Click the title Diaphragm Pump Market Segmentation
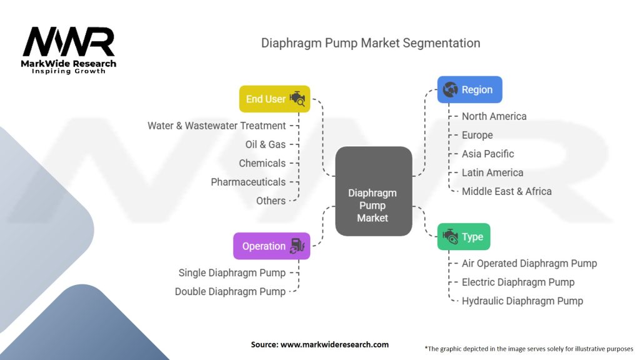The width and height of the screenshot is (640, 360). [371, 43]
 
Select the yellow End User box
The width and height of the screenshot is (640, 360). [274, 99]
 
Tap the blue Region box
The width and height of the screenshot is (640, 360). [469, 90]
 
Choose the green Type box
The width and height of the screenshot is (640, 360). [464, 237]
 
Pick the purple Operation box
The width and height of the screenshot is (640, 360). [271, 246]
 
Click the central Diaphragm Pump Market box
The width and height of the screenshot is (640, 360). [373, 191]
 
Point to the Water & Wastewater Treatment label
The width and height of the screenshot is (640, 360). [216, 126]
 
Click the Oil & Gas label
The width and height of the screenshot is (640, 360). [265, 144]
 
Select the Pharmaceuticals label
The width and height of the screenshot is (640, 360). [247, 182]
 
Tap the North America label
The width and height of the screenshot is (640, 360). [494, 116]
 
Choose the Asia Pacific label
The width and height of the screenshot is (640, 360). [487, 154]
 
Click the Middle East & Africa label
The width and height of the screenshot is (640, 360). [506, 191]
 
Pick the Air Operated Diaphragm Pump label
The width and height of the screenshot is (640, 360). [529, 263]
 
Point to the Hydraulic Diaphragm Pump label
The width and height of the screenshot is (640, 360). [522, 301]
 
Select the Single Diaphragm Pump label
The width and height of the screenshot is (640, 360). [232, 272]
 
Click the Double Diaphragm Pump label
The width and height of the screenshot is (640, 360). [230, 291]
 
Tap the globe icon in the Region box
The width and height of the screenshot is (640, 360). [450, 90]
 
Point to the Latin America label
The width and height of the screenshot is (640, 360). [492, 172]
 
